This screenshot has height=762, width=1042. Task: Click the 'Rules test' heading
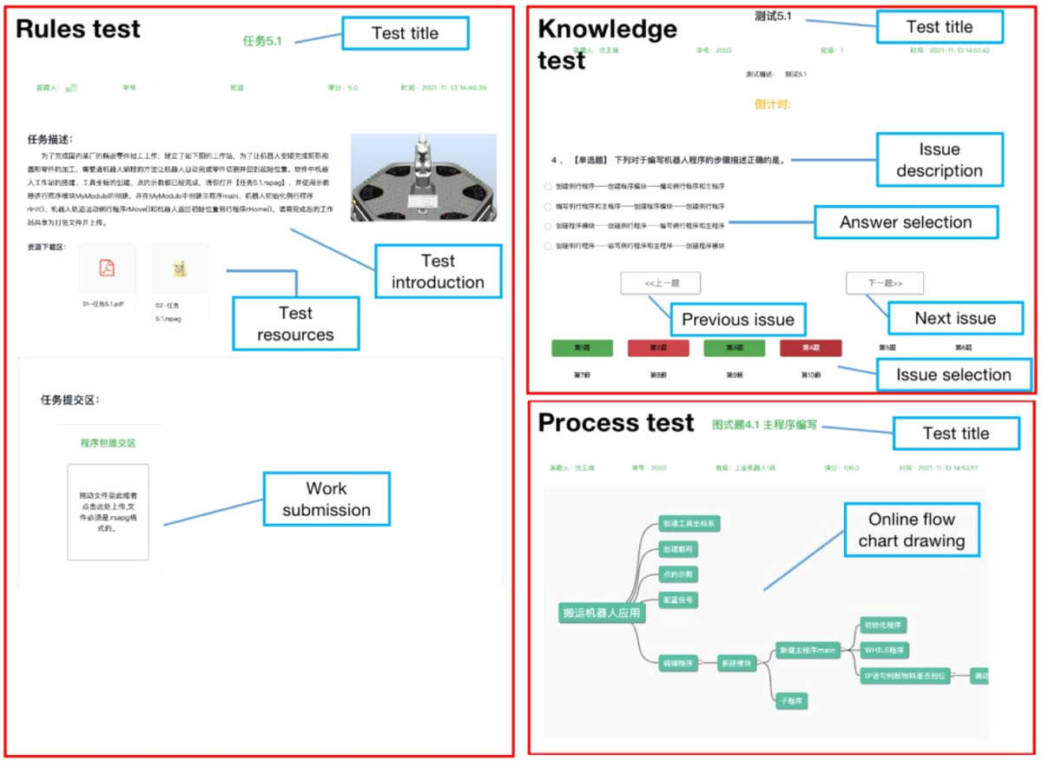(x=78, y=29)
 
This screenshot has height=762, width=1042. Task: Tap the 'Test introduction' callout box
(x=438, y=271)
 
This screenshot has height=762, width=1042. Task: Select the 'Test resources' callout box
(x=295, y=323)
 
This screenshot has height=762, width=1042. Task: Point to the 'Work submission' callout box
(x=326, y=499)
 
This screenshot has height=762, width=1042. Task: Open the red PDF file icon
(x=106, y=268)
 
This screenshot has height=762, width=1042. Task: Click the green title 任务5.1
(x=262, y=40)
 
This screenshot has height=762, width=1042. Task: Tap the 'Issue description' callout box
(x=940, y=160)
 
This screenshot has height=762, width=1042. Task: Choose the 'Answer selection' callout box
(x=906, y=222)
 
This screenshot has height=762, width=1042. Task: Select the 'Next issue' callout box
(x=955, y=318)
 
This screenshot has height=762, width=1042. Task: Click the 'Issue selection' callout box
(x=953, y=375)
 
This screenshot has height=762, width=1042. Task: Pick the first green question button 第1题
(x=583, y=348)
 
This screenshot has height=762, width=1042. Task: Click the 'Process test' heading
(x=616, y=423)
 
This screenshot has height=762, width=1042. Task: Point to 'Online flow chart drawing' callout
(x=912, y=530)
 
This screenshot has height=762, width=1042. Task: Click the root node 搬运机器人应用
(x=602, y=613)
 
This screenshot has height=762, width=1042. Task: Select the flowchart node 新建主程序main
(x=808, y=650)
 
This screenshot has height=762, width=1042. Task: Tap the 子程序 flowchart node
(x=791, y=700)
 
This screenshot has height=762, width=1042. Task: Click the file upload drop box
(x=108, y=511)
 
